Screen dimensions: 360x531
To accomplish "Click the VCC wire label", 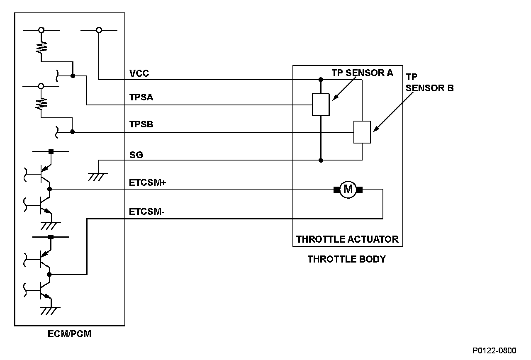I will pos(139,74).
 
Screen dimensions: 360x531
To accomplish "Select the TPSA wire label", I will pos(141,97).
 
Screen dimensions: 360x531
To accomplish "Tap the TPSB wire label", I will pos(141,124).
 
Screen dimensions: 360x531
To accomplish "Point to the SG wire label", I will pos(136,155).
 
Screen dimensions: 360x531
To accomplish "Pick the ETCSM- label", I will pos(146,212).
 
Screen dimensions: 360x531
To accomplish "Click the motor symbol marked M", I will pos(348,190).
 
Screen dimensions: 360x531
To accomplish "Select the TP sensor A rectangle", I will pos(321,105).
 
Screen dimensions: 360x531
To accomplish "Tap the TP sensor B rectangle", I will pos(362,132).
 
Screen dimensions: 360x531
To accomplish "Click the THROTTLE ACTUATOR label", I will pos(347,239).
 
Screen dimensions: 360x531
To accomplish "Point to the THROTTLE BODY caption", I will pos(346,260).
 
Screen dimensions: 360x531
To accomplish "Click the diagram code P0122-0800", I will pos(494,351).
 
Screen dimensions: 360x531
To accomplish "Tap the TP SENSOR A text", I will pos(362,73).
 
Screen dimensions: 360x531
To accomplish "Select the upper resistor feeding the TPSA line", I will pos(41,48).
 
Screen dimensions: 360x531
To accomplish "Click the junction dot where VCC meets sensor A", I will pos(321,79).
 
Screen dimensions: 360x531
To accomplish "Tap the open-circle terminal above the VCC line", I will pos(99,30).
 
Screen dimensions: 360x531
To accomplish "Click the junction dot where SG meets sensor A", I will pos(321,160).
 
